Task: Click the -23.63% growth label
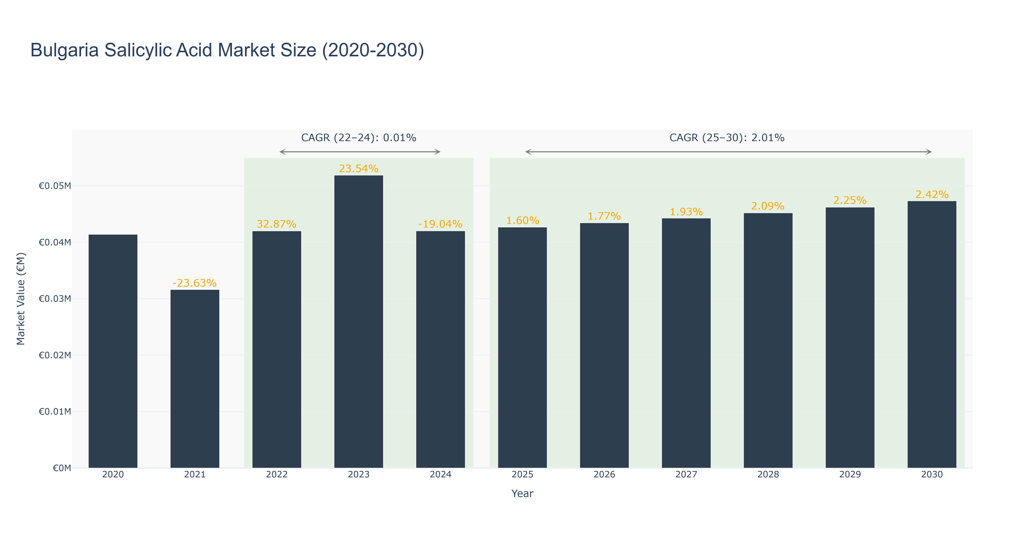click(195, 283)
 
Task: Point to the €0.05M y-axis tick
click(55, 186)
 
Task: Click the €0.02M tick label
click(55, 355)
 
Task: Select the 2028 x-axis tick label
click(768, 474)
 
